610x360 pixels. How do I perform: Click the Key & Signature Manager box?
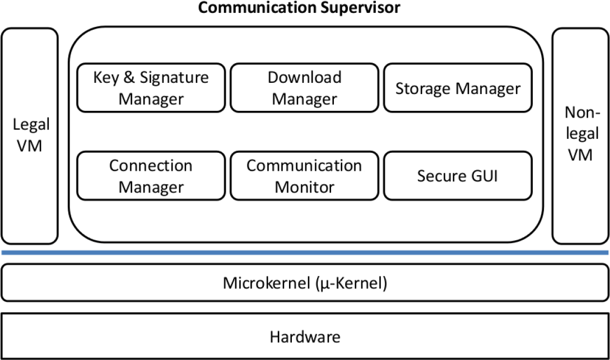click(150, 88)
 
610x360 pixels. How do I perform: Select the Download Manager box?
click(304, 88)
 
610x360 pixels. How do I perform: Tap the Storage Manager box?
click(457, 88)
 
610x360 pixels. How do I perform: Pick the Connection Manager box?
click(150, 176)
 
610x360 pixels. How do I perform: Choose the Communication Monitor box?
click(304, 176)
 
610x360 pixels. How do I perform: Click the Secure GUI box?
click(457, 176)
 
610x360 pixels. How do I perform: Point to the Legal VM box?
click(30, 136)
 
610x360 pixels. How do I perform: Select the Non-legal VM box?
click(580, 136)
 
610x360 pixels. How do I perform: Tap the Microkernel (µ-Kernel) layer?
click(305, 283)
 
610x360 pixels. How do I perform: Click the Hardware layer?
click(305, 337)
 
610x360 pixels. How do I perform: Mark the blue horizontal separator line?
click(305, 253)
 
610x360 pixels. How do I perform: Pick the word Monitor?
click(304, 186)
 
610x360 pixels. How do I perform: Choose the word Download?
click(304, 77)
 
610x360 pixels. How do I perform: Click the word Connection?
click(151, 166)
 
